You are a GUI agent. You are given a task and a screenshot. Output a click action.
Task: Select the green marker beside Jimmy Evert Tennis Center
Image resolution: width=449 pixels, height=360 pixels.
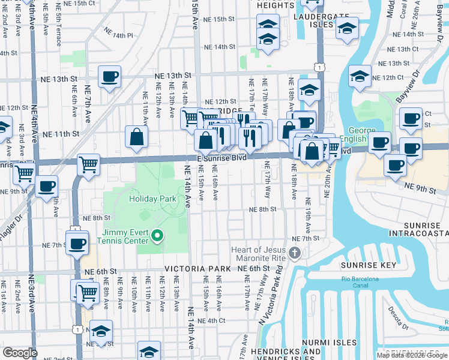157,236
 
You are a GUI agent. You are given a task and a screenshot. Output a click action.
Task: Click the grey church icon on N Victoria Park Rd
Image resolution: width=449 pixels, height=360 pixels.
294,253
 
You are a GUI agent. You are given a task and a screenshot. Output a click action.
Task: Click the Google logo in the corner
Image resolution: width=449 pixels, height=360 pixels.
20,353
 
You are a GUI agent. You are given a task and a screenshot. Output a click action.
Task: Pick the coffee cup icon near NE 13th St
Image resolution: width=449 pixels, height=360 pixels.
109,76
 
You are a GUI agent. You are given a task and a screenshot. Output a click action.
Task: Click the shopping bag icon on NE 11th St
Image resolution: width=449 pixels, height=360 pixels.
137,136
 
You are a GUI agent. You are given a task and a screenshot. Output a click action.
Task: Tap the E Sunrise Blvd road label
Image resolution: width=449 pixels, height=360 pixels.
221,157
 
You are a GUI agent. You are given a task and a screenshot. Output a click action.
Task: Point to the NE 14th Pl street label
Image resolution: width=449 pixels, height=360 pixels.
118,35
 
